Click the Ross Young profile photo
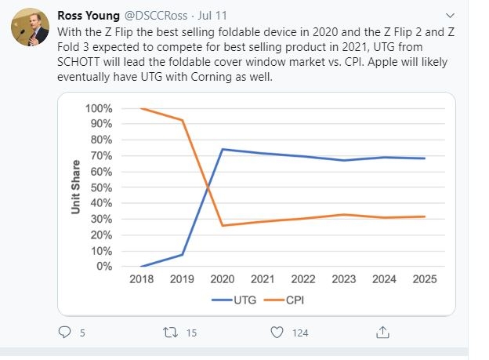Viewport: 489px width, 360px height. [x=30, y=27]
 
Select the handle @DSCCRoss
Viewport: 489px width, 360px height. [x=156, y=16]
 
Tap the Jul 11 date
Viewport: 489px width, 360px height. [x=212, y=16]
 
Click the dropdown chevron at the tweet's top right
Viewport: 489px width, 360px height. [x=450, y=16]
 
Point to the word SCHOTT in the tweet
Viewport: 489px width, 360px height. [x=78, y=62]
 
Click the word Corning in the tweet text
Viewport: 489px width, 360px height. [x=212, y=77]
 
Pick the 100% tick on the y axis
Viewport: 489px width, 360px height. [x=99, y=108]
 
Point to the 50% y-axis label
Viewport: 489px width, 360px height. [x=101, y=187]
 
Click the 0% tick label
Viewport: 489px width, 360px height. [x=104, y=267]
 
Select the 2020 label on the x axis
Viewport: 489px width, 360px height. [x=223, y=278]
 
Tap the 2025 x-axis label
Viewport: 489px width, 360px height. [x=425, y=278]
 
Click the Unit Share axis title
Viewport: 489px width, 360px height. [x=75, y=187]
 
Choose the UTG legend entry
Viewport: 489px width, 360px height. [x=234, y=300]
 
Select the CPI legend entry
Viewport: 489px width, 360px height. [x=284, y=300]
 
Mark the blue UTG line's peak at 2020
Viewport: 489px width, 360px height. [x=223, y=149]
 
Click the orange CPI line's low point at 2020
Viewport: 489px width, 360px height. [x=223, y=225]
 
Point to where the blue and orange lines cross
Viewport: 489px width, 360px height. [x=208, y=187]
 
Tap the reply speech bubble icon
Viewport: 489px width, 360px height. [x=64, y=333]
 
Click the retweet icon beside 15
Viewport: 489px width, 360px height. [x=171, y=333]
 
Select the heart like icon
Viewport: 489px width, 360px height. [x=277, y=333]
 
